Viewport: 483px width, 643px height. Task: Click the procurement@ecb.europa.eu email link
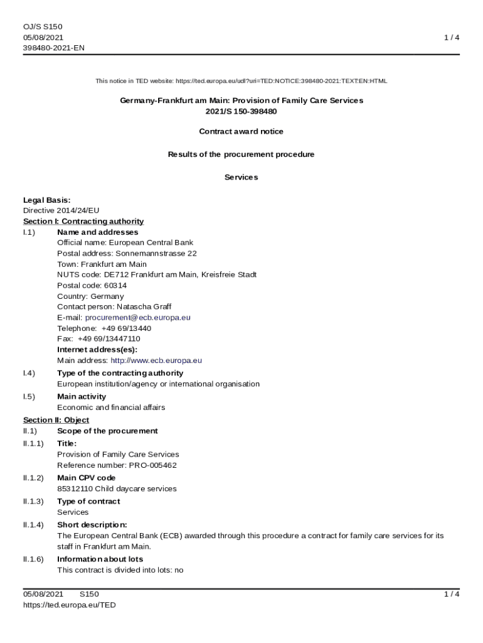[x=137, y=318]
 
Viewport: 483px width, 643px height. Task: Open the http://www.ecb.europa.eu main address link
[x=156, y=360]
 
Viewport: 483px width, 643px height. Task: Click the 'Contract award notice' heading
[x=241, y=131]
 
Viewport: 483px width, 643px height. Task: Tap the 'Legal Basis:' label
[x=46, y=200]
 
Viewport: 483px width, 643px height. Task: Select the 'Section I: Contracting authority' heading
[x=83, y=221]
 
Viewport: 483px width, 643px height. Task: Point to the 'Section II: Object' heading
[x=56, y=419]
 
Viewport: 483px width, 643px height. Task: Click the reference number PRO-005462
[x=152, y=465]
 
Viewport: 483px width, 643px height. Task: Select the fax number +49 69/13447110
[x=109, y=339]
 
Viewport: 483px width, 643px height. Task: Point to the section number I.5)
[x=29, y=396]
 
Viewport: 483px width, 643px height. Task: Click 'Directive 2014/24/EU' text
[x=61, y=210]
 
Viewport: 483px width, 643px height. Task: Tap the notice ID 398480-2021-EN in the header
[x=53, y=48]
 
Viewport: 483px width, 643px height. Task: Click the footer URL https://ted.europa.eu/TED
[x=69, y=605]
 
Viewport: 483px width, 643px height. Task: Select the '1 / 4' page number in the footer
[x=451, y=594]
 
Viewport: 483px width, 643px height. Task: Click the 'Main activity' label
[x=82, y=396]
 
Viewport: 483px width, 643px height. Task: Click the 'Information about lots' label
[x=100, y=559]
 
